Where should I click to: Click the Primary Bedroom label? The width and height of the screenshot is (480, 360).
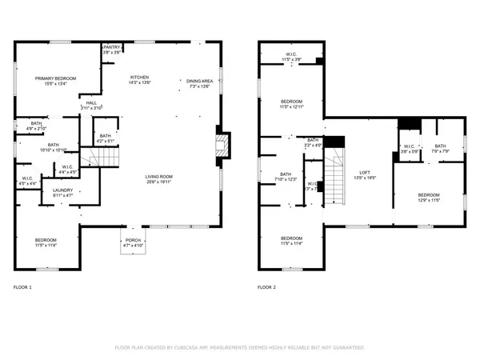coord(49,78)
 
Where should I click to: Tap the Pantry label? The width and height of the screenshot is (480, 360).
coord(113,47)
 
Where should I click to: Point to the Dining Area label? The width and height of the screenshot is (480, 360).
coord(198,81)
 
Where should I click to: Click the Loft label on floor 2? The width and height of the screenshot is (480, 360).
coord(365,174)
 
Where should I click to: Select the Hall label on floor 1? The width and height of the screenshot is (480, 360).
coord(91,102)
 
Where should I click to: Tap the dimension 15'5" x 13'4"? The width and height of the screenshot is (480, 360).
coord(49,82)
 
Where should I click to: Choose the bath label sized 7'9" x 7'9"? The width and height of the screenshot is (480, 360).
coord(440,146)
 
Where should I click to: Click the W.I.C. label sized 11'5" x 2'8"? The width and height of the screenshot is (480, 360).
coord(291,55)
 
